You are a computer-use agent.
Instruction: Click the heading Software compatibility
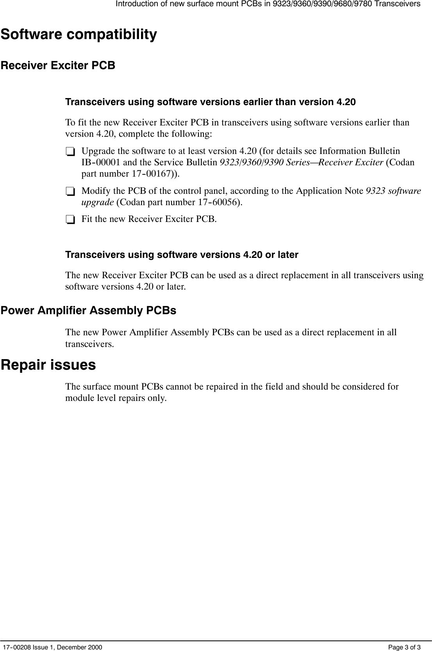[x=79, y=34]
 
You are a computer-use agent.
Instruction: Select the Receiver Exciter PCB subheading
[x=58, y=66]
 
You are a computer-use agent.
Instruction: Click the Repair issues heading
[x=48, y=365]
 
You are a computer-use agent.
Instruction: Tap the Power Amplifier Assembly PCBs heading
[x=89, y=311]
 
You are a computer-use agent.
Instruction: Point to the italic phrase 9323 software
[x=393, y=191]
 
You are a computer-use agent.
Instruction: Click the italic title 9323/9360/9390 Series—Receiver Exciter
[x=301, y=163]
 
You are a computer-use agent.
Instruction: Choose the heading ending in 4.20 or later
[x=182, y=255]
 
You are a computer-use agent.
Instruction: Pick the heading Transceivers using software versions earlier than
[x=211, y=102]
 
